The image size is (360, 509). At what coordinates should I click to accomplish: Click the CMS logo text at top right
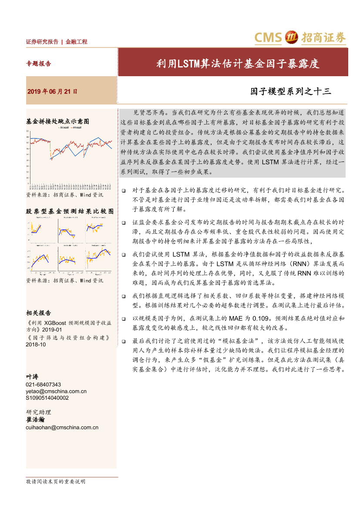pos(269,38)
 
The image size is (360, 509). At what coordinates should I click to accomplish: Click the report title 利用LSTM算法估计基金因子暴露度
pos(238,64)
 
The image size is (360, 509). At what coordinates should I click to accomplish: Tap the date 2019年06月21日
pos(52,92)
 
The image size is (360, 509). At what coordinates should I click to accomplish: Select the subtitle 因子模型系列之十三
pos(290,91)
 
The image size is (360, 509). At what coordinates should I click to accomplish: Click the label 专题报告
pos(39,64)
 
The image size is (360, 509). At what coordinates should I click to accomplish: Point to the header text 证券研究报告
pos(42,42)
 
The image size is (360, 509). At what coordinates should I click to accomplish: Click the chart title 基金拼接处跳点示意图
pos(57,121)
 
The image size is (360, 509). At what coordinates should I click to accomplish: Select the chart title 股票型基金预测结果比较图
pos(70,211)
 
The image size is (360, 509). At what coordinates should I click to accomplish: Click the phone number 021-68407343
pos(44,384)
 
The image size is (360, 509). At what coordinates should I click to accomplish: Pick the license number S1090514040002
pos(47,398)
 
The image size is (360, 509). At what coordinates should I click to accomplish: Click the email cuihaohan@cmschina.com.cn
pos(62,428)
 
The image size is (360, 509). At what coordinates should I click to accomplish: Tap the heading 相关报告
pos(39,313)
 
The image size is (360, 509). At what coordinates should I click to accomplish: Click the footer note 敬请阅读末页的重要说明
pos(56,482)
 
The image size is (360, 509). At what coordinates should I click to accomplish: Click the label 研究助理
pos(39,412)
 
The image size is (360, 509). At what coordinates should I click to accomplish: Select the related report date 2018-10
pos(36,344)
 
